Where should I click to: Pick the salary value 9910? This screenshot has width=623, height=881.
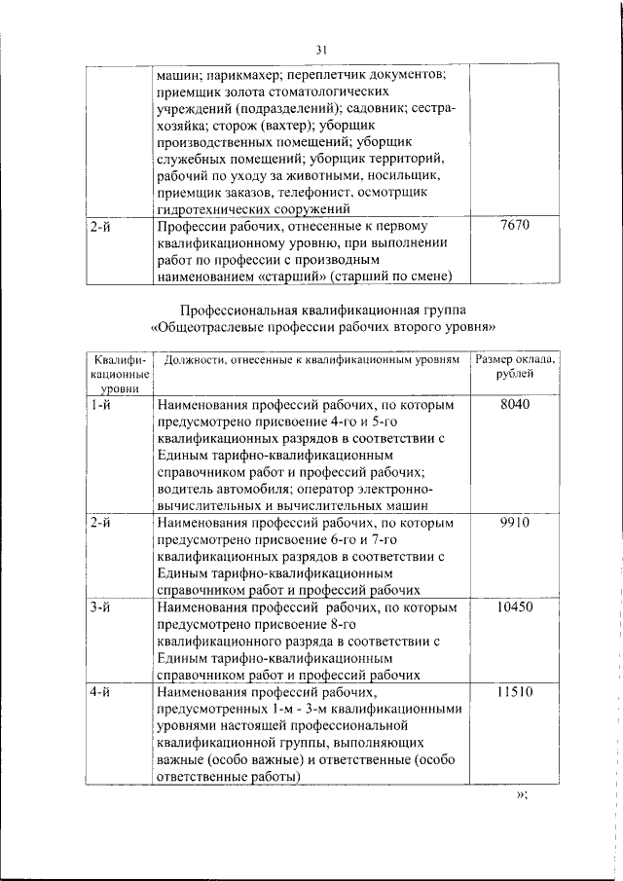point(514,523)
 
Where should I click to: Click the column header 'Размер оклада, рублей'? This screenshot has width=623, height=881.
point(515,368)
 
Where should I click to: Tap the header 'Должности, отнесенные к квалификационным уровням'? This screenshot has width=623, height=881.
point(310,360)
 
